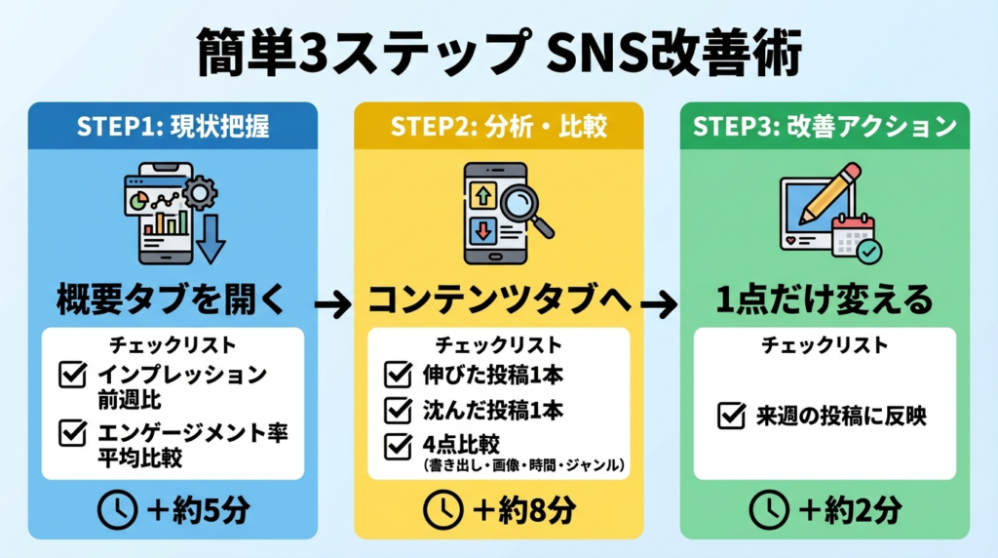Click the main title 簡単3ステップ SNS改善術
pyautogui.click(x=498, y=55)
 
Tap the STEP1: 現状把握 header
pyautogui.click(x=172, y=127)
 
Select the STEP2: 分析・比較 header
pyautogui.click(x=498, y=127)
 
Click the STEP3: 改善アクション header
pyautogui.click(x=825, y=127)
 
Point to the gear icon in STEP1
pyautogui.click(x=200, y=194)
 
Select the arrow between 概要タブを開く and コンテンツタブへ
pyautogui.click(x=333, y=305)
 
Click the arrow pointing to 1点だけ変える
pyautogui.click(x=660, y=305)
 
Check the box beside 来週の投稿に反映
pyautogui.click(x=731, y=417)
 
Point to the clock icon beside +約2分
pyautogui.click(x=768, y=508)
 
